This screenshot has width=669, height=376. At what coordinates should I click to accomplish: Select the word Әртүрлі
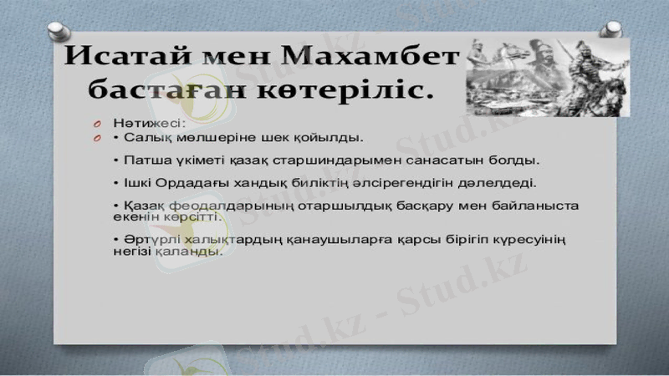pos(143,241)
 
